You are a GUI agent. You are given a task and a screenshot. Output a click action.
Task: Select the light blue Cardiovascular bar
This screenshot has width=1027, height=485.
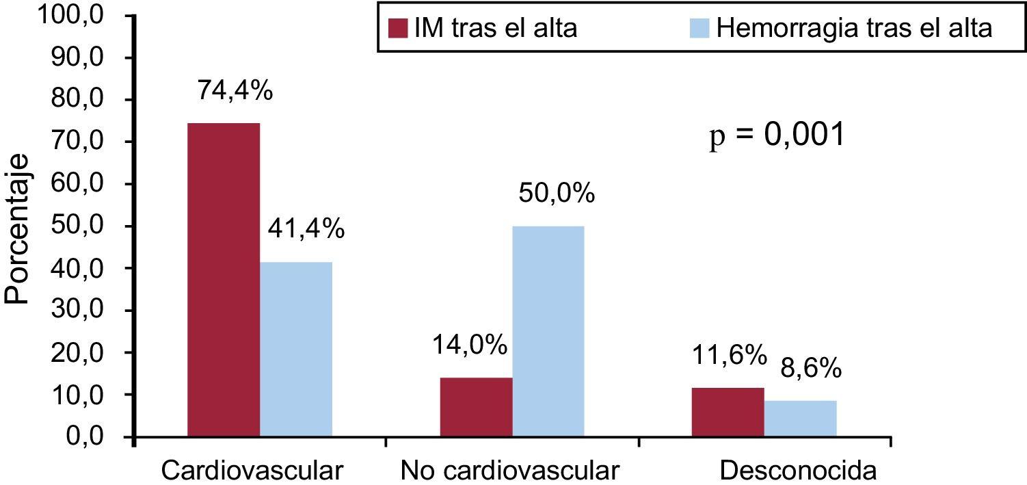click(296, 349)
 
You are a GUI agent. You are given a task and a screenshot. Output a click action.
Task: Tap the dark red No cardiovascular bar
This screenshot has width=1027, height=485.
click(476, 407)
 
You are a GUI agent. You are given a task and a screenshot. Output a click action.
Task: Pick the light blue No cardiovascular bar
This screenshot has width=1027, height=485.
click(548, 331)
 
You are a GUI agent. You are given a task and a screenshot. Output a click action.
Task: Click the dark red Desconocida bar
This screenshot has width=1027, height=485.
click(728, 412)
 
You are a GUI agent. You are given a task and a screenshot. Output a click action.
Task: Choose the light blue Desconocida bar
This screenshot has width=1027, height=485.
click(801, 419)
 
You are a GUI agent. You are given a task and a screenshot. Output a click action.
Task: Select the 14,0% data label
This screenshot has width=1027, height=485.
click(469, 346)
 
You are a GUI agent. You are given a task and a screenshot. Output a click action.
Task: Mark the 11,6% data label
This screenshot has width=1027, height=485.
click(728, 355)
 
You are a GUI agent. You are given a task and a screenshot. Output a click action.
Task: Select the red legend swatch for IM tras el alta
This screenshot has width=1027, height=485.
click(397, 29)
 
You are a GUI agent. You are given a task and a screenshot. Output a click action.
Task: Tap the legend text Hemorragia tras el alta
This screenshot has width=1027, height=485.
click(855, 29)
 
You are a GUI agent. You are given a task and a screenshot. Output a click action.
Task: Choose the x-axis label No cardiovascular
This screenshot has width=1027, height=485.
click(510, 471)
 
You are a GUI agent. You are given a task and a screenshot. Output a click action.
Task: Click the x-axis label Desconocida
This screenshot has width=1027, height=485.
click(798, 471)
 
